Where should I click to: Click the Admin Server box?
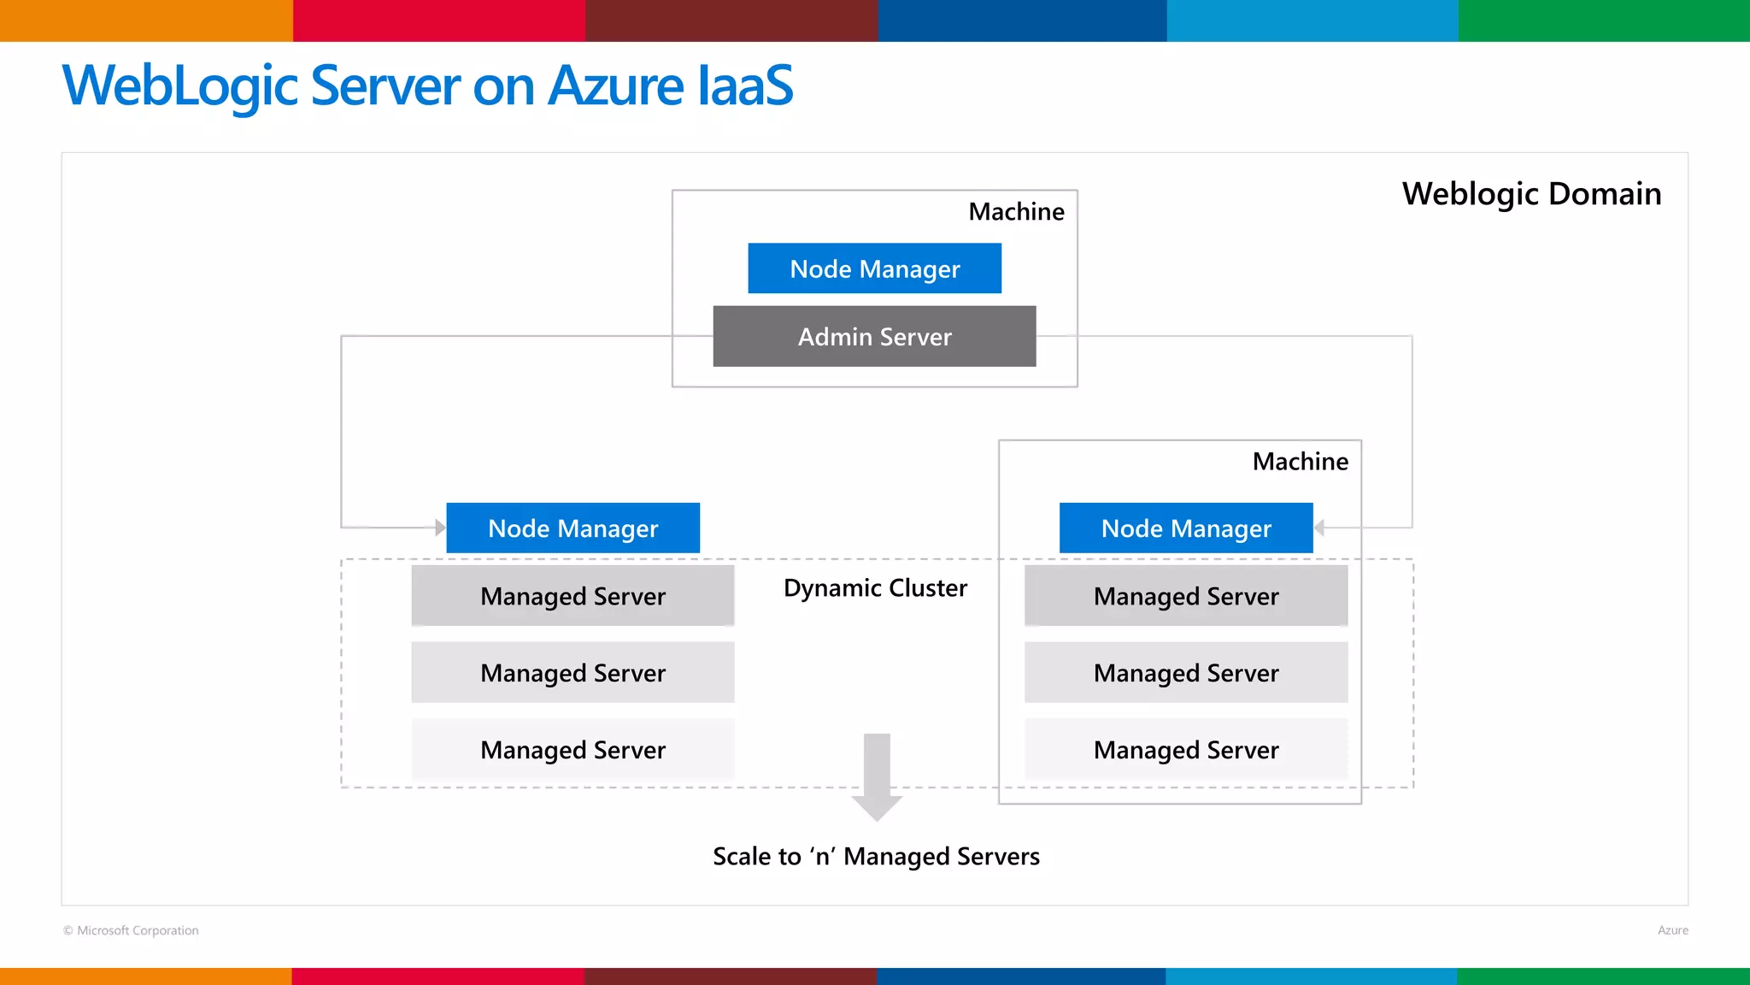point(874,336)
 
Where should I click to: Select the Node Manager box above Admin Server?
point(874,268)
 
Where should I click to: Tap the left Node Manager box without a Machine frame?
point(573,528)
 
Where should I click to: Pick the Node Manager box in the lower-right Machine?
point(1185,528)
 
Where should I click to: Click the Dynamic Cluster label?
point(875,588)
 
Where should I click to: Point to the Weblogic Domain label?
point(1531,194)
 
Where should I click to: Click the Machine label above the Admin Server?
point(1016,211)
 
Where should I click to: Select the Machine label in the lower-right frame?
point(1300,462)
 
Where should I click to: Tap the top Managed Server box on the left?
point(573,596)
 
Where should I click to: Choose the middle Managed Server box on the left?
point(573,673)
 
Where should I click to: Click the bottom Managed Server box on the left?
point(573,750)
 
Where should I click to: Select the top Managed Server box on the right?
point(1186,596)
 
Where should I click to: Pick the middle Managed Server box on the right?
point(1186,673)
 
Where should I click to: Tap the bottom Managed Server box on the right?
point(1186,750)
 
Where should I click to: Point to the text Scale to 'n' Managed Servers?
point(876,856)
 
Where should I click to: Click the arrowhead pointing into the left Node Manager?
point(440,528)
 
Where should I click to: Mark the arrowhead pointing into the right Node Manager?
point(1319,528)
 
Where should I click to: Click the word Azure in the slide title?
point(615,86)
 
